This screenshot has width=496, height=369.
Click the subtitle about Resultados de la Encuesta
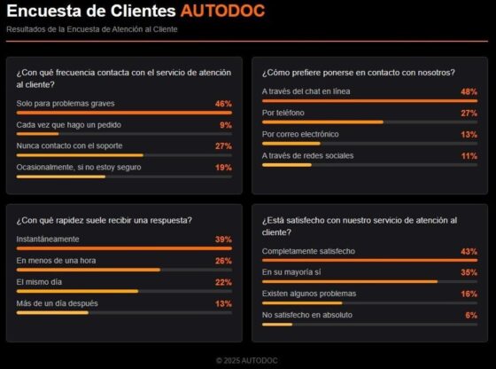coord(92,29)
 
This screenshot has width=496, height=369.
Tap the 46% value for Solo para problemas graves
coord(223,104)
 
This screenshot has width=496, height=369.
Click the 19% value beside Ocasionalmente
coord(223,167)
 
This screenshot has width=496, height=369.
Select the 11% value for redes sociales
coord(469,155)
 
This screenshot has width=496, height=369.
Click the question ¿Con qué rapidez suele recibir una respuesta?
coord(105,220)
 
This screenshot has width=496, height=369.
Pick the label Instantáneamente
coord(48,239)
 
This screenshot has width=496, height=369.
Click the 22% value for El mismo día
coord(223,281)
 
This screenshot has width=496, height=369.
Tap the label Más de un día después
coord(57,302)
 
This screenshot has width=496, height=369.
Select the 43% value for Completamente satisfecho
coord(469,251)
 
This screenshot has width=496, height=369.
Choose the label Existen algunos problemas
coord(309,294)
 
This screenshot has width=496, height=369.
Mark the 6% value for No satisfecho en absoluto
coord(471,315)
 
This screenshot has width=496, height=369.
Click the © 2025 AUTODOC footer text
coord(248,360)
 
